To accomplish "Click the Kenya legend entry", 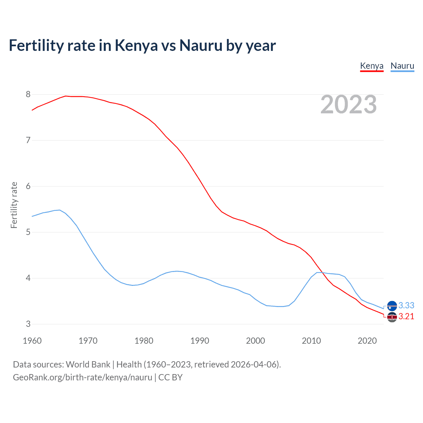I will (371, 66).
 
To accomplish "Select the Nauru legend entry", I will (402, 66).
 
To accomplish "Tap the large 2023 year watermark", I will (348, 104).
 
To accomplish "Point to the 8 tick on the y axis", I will (28, 95).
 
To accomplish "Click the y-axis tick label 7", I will (28, 140).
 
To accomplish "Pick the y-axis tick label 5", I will (28, 232).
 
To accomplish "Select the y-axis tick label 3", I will (28, 324).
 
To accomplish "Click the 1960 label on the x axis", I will (32, 341).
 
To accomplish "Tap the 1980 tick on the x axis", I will (144, 341).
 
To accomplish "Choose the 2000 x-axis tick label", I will (255, 341).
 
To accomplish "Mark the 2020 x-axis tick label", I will (367, 341).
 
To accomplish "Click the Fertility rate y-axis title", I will (14, 205).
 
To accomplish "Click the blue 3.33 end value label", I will (406, 305).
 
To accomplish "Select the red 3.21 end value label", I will (406, 317).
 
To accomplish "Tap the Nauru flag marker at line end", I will (392, 306).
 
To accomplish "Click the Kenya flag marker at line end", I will (392, 317).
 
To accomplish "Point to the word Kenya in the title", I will (136, 46).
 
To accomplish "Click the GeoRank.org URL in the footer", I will (83, 377).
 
